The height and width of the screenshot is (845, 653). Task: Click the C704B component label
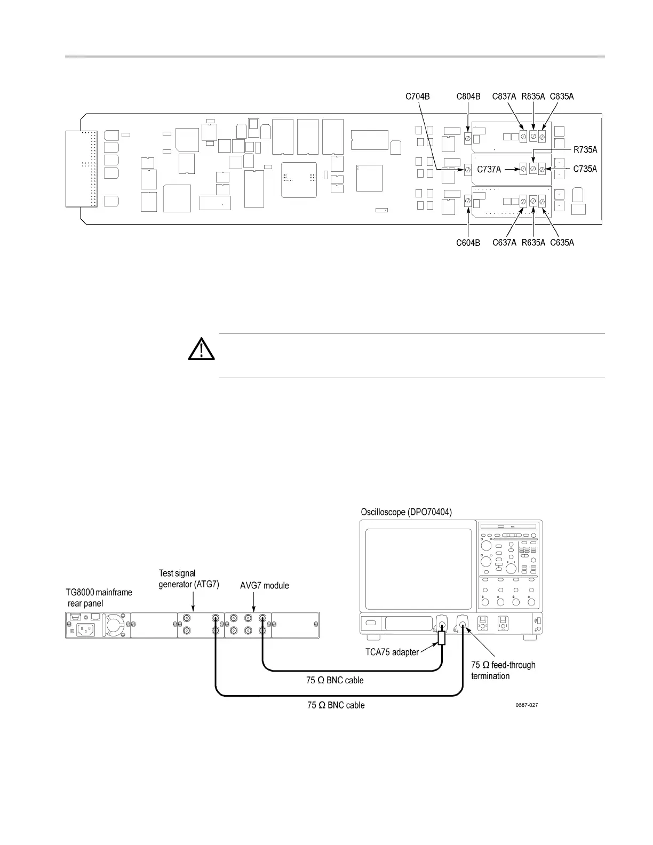(418, 97)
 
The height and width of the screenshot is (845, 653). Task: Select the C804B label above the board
(468, 97)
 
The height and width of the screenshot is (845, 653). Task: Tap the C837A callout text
(504, 97)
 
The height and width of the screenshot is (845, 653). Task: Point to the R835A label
(533, 97)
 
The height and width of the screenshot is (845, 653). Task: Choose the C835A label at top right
(562, 97)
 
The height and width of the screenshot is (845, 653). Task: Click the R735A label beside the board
(585, 150)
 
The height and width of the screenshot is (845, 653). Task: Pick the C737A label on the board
(489, 170)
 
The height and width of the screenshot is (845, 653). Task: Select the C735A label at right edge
(585, 170)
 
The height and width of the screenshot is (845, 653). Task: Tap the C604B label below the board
(468, 243)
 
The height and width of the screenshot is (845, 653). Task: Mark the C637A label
(504, 243)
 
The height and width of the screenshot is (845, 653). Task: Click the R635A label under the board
(533, 243)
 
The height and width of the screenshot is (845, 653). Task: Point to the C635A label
(562, 243)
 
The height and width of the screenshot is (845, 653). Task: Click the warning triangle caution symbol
(201, 350)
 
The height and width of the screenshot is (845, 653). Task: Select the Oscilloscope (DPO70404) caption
(407, 512)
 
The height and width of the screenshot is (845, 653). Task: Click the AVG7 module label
(265, 586)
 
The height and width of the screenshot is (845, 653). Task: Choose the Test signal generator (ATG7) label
(189, 578)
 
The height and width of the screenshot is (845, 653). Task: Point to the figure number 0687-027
(527, 705)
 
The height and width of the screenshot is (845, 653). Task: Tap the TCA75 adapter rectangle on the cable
(442, 638)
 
